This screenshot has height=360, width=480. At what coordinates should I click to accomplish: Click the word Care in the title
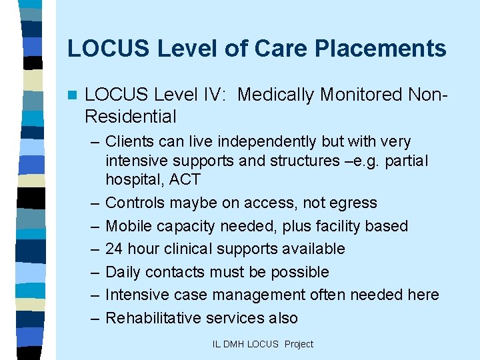point(273,49)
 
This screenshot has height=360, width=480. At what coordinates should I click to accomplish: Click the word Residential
point(131,117)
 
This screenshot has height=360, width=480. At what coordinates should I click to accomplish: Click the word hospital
point(132,179)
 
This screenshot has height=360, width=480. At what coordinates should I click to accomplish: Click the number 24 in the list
point(115,249)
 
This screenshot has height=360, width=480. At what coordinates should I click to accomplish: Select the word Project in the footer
point(299,344)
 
